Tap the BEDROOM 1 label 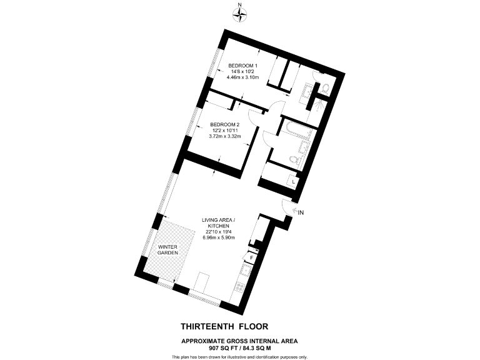coord(242,66)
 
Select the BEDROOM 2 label coord(225,124)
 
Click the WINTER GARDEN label coord(168,249)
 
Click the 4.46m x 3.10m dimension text coord(242,78)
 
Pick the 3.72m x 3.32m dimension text coord(225,136)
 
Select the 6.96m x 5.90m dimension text coord(217,237)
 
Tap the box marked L coord(294,181)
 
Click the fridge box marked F coord(252,257)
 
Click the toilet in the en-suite coord(325,89)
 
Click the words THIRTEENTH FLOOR coord(224,326)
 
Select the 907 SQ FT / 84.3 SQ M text coord(239,348)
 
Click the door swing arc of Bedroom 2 coord(254,118)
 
